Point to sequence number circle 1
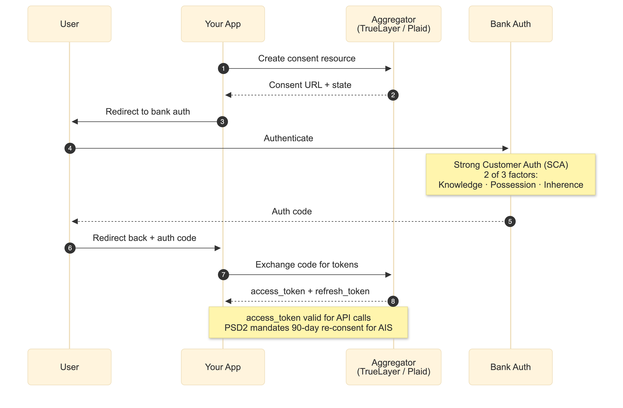[223, 68]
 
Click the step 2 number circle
[393, 95]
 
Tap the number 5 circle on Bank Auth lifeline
[510, 221]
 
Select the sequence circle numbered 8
[393, 301]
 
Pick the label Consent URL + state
[310, 85]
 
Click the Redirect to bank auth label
[148, 112]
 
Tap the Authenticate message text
[288, 138]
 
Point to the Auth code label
[292, 211]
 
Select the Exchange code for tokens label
[306, 265]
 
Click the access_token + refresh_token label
[310, 291]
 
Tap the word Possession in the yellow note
[513, 185]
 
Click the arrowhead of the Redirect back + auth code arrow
[218, 248]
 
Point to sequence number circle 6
[70, 248]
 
